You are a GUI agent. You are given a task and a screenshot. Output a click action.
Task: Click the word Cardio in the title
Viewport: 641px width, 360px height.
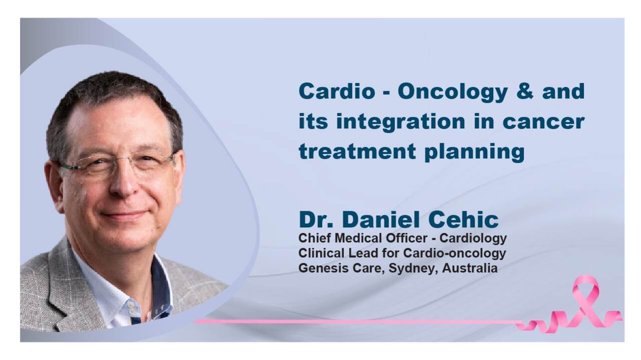[x=337, y=91]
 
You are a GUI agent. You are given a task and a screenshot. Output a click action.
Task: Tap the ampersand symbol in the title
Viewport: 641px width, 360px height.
[x=525, y=91]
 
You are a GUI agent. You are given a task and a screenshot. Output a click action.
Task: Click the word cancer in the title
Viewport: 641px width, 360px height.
[x=543, y=122]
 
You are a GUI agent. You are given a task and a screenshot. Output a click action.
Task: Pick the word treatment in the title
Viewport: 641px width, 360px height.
[x=357, y=152]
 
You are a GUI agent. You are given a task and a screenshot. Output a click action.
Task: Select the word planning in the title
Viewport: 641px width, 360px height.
[x=474, y=153]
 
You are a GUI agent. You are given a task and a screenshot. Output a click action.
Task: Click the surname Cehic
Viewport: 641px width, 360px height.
[x=463, y=220]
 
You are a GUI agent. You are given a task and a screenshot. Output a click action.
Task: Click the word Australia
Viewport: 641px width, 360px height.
[x=469, y=268]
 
